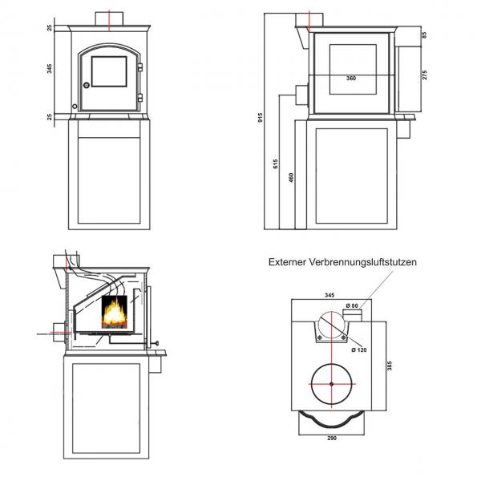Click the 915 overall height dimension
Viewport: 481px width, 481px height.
click(x=261, y=118)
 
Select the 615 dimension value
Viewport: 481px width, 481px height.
click(x=275, y=164)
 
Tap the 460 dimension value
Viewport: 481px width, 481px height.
click(x=291, y=178)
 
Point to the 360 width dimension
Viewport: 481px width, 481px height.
click(x=351, y=79)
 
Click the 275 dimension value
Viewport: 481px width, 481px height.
click(x=424, y=75)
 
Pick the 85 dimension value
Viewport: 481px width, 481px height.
click(x=424, y=35)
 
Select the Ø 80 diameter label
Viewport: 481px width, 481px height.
click(x=352, y=305)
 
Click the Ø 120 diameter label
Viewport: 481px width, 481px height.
click(x=359, y=350)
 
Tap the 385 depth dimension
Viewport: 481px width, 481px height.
click(x=390, y=366)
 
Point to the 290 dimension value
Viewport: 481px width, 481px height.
click(x=332, y=438)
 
